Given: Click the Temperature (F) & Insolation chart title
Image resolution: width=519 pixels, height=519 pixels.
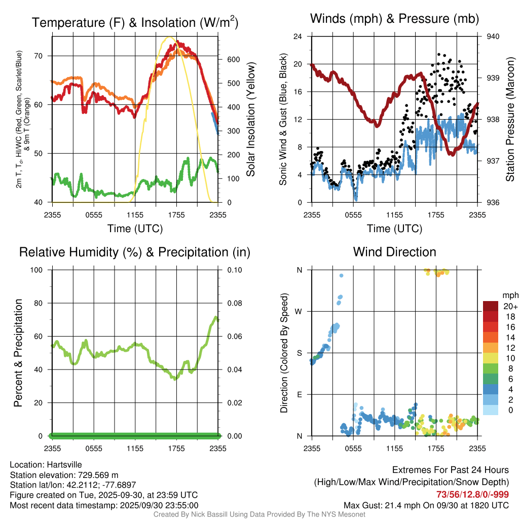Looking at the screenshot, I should (135, 22).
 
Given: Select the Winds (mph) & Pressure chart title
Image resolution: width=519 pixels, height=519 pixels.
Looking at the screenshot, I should (395, 19).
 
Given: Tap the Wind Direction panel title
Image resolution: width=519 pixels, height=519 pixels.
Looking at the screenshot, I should (395, 252).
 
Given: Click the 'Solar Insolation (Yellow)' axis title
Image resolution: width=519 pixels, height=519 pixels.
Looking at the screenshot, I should (251, 120).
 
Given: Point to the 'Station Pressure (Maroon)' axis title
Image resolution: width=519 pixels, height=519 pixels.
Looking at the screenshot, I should (510, 120).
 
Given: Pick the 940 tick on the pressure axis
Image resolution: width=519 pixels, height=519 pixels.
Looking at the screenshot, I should (493, 36).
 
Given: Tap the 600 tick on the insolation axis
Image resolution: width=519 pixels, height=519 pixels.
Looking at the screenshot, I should (232, 59).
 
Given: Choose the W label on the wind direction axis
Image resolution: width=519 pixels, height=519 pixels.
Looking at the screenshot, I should (299, 311).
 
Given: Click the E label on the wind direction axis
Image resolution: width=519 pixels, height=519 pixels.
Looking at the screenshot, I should (300, 394).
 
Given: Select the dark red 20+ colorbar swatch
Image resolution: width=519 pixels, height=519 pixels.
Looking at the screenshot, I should (491, 306).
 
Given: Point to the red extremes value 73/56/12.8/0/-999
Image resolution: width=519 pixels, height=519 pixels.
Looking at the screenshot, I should (472, 495).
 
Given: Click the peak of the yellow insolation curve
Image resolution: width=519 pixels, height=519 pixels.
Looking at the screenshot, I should (169, 37).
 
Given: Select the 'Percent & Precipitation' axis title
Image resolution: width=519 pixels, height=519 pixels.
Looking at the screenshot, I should (18, 353).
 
